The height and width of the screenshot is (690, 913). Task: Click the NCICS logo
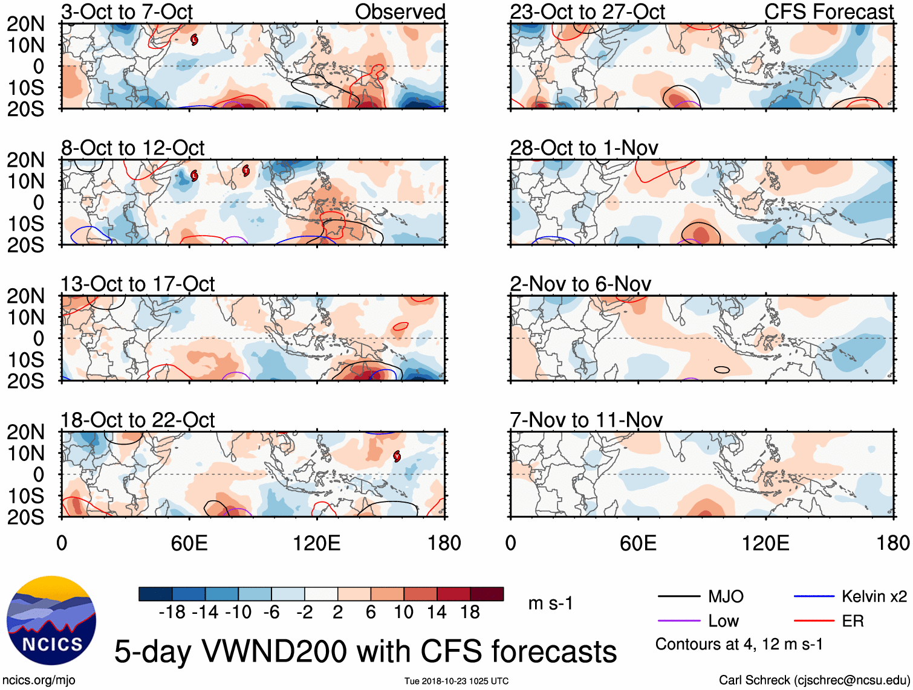pos(51,621)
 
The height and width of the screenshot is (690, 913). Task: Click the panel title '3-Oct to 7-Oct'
pos(127,11)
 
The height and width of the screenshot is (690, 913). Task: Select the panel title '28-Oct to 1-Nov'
pos(583,148)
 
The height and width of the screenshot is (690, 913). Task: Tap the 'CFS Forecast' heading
pos(828,11)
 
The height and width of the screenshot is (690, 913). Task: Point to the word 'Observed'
pos(400,11)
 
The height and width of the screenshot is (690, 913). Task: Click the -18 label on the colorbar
pos(172,612)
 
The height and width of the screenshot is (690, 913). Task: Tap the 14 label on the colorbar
pos(437,612)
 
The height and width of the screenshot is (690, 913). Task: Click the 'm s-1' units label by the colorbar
pos(550,603)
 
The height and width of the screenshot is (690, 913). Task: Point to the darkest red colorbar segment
pos(487,594)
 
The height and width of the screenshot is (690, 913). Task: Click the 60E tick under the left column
pos(189,543)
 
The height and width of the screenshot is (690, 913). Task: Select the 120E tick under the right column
pos(765,543)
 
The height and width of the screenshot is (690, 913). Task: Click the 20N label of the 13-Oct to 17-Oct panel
pos(25,296)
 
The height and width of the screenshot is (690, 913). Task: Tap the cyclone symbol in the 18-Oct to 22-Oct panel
pos(397,456)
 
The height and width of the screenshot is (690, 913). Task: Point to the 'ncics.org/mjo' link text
pos(39,680)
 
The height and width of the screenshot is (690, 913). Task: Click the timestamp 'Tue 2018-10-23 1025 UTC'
pos(456,682)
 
